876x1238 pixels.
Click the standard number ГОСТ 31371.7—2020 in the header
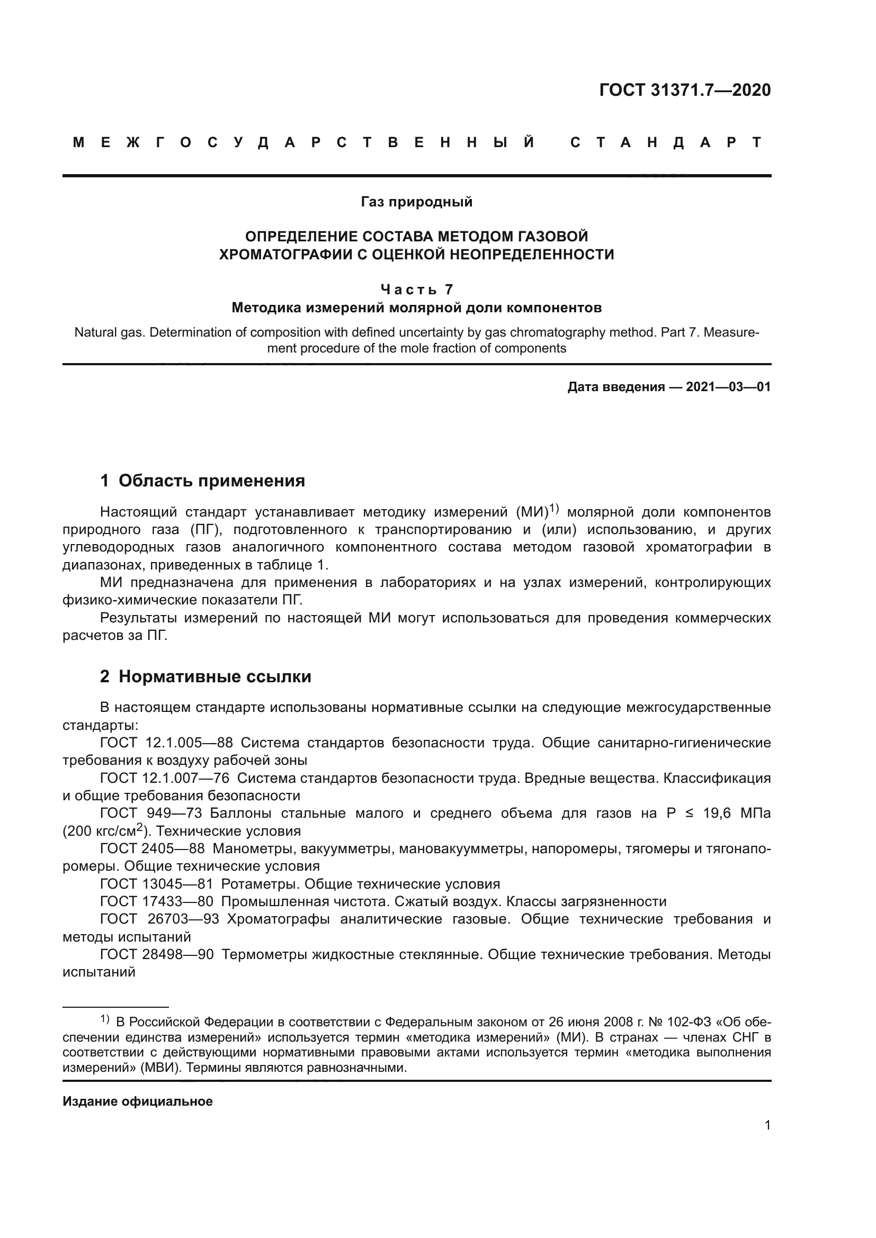pyautogui.click(x=684, y=90)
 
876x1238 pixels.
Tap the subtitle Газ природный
pyautogui.click(x=416, y=202)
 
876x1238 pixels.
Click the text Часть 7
pyautogui.click(x=416, y=290)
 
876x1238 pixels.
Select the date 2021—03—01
pyautogui.click(x=728, y=386)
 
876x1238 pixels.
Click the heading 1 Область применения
pyautogui.click(x=202, y=481)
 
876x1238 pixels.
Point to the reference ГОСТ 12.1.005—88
pyautogui.click(x=166, y=743)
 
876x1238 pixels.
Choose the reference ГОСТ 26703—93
pyautogui.click(x=159, y=919)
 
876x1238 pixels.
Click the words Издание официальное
pyautogui.click(x=138, y=1101)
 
